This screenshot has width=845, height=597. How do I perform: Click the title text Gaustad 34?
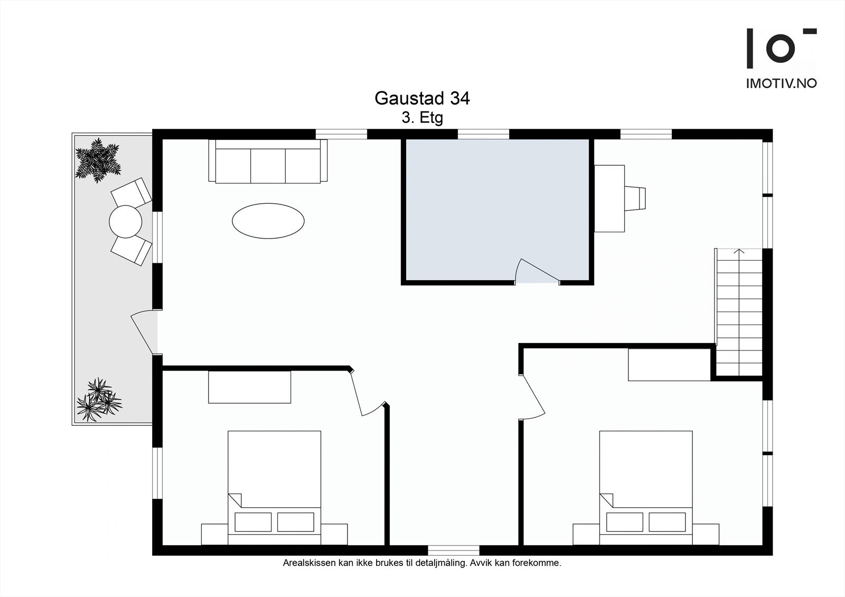pyautogui.click(x=422, y=98)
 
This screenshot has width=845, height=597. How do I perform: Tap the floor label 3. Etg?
pyautogui.click(x=422, y=118)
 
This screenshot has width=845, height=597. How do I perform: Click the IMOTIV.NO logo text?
pyautogui.click(x=781, y=83)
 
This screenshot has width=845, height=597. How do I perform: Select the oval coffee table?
pyautogui.click(x=268, y=221)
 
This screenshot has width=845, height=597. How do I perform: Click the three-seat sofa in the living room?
pyautogui.click(x=268, y=163)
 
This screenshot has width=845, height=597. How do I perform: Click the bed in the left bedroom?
pyautogui.click(x=274, y=486)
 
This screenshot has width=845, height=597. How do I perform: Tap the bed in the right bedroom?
pyautogui.click(x=646, y=486)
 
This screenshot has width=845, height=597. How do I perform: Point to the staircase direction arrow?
pyautogui.click(x=739, y=252)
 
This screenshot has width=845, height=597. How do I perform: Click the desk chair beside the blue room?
pyautogui.click(x=635, y=198)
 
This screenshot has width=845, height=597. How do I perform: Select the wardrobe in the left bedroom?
pyautogui.click(x=249, y=387)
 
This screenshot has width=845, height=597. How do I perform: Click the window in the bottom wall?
pyautogui.click(x=453, y=550)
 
